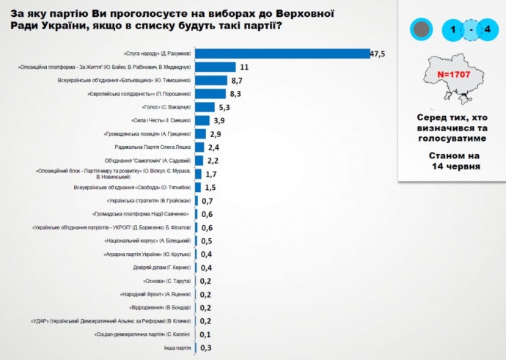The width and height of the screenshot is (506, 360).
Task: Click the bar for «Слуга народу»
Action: (x=282, y=53)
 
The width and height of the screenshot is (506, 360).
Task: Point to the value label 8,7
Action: (x=237, y=80)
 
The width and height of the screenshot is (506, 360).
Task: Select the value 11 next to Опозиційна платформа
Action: (x=244, y=67)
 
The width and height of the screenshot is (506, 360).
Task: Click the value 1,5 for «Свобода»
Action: (x=210, y=187)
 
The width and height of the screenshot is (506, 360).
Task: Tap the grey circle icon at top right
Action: (x=421, y=30)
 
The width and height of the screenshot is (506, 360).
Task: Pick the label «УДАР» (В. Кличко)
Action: (x=111, y=320)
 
